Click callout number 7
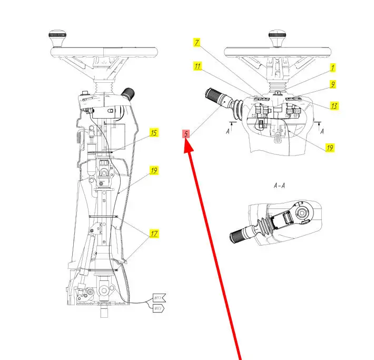[x=196, y=42]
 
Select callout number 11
[x=198, y=66]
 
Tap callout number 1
[x=332, y=67]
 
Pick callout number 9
[x=333, y=84]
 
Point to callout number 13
[x=334, y=105]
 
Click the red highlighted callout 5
[x=186, y=134]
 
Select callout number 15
[x=154, y=133]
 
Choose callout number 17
[x=154, y=233]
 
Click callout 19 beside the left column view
[x=154, y=171]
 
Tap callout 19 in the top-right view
[x=330, y=148]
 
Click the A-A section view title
[x=279, y=186]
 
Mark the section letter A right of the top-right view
[x=322, y=129]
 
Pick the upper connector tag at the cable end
[x=159, y=297]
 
